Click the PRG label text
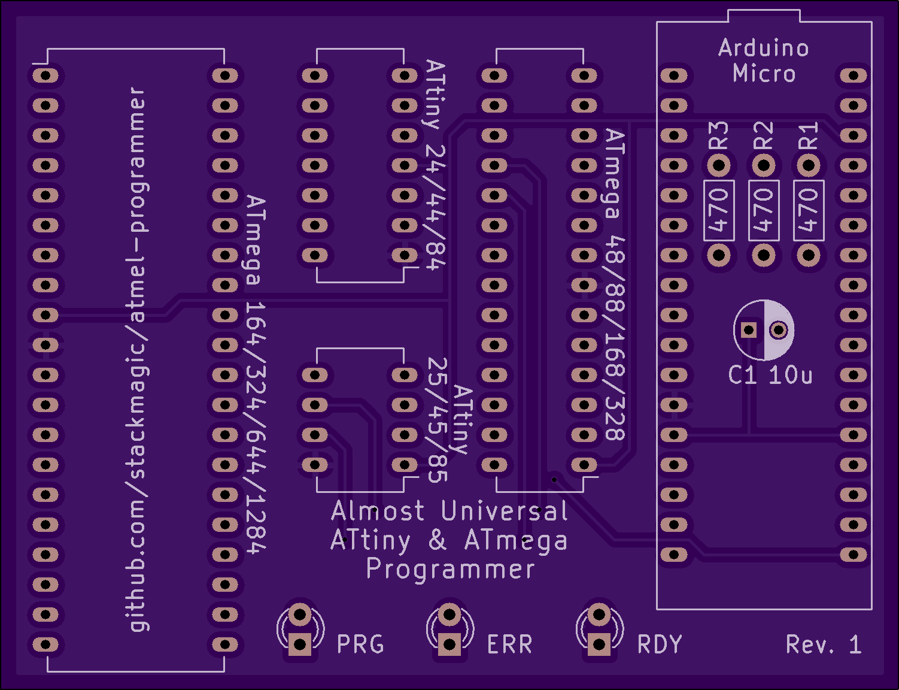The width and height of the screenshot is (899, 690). click(x=360, y=644)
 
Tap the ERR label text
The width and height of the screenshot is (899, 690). click(x=510, y=644)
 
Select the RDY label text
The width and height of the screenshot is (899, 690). click(x=660, y=644)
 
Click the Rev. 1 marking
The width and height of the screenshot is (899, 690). click(x=824, y=644)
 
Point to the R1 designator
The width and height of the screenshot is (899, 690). click(x=809, y=135)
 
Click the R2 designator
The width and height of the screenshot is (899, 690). click(x=763, y=135)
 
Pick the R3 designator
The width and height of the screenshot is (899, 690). click(x=719, y=135)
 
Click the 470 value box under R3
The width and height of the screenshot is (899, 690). click(x=719, y=210)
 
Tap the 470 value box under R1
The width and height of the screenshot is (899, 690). click(x=809, y=210)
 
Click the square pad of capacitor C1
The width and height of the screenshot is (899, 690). click(x=748, y=330)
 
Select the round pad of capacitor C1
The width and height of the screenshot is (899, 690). click(x=779, y=330)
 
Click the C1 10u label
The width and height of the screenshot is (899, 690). click(x=770, y=376)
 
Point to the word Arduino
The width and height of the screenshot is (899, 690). click(x=763, y=48)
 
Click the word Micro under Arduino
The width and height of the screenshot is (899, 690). click(x=764, y=73)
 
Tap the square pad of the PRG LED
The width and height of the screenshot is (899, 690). click(x=299, y=644)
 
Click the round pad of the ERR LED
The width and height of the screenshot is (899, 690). click(x=450, y=615)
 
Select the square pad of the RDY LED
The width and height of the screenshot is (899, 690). click(x=599, y=644)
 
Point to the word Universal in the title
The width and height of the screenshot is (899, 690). click(x=505, y=511)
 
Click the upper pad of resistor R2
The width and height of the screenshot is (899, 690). click(x=764, y=165)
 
